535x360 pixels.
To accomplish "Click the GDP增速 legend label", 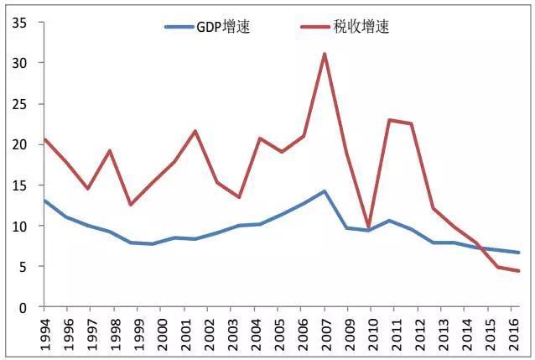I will tap(222, 27).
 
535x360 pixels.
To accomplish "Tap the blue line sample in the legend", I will tap(179, 27).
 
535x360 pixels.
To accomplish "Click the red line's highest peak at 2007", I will tap(325, 54).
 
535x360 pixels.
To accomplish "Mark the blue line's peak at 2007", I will tap(325, 191).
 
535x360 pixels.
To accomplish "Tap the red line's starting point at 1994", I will tap(44, 139).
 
